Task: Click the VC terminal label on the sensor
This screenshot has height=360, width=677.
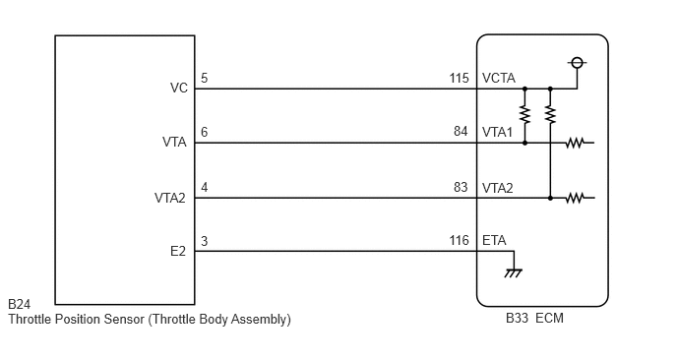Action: [x=179, y=89]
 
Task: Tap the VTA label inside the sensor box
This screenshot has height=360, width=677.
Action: [x=174, y=142]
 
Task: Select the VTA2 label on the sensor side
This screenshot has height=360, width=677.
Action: [x=169, y=198]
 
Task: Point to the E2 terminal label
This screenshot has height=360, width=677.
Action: [x=178, y=251]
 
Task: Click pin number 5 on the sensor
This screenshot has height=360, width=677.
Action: [x=205, y=78]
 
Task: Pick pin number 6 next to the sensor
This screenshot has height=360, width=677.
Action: [x=205, y=132]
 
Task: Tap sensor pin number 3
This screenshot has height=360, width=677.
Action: [x=205, y=241]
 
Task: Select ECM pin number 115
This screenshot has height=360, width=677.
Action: [x=459, y=78]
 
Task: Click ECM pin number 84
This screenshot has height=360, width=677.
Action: [x=461, y=131]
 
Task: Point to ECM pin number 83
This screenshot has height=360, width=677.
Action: [x=461, y=187]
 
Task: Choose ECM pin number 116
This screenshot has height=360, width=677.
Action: [x=459, y=240]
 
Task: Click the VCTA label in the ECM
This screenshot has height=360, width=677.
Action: [x=499, y=78]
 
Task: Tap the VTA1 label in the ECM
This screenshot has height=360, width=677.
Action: [x=497, y=132]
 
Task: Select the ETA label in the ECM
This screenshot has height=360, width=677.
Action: [x=494, y=240]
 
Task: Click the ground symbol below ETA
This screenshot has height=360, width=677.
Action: [x=514, y=272]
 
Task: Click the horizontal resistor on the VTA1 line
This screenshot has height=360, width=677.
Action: [x=575, y=143]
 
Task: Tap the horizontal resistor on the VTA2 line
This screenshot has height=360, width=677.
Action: [x=575, y=198]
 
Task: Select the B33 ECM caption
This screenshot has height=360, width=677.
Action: [x=534, y=318]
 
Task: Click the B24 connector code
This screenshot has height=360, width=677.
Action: [x=19, y=304]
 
